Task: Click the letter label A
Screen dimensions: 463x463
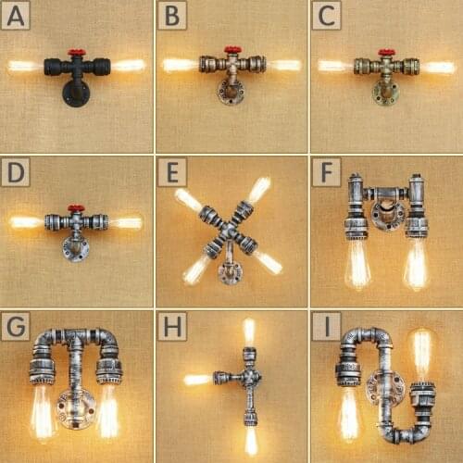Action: [x=18, y=15]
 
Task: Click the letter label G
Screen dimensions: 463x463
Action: [x=18, y=327]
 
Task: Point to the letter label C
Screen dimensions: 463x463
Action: [x=325, y=15]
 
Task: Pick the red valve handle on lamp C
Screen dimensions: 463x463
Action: [x=386, y=53]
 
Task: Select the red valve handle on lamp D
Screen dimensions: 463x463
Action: [x=76, y=208]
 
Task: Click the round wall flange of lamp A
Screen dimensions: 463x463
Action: [x=74, y=94]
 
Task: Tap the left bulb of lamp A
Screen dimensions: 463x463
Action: [x=25, y=66]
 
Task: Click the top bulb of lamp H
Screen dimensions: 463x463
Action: [x=248, y=332]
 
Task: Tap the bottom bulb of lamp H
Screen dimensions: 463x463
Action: [x=249, y=438]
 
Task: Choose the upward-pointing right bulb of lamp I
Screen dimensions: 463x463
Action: [x=422, y=352]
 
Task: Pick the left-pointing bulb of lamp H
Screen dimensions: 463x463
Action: [x=197, y=379]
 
